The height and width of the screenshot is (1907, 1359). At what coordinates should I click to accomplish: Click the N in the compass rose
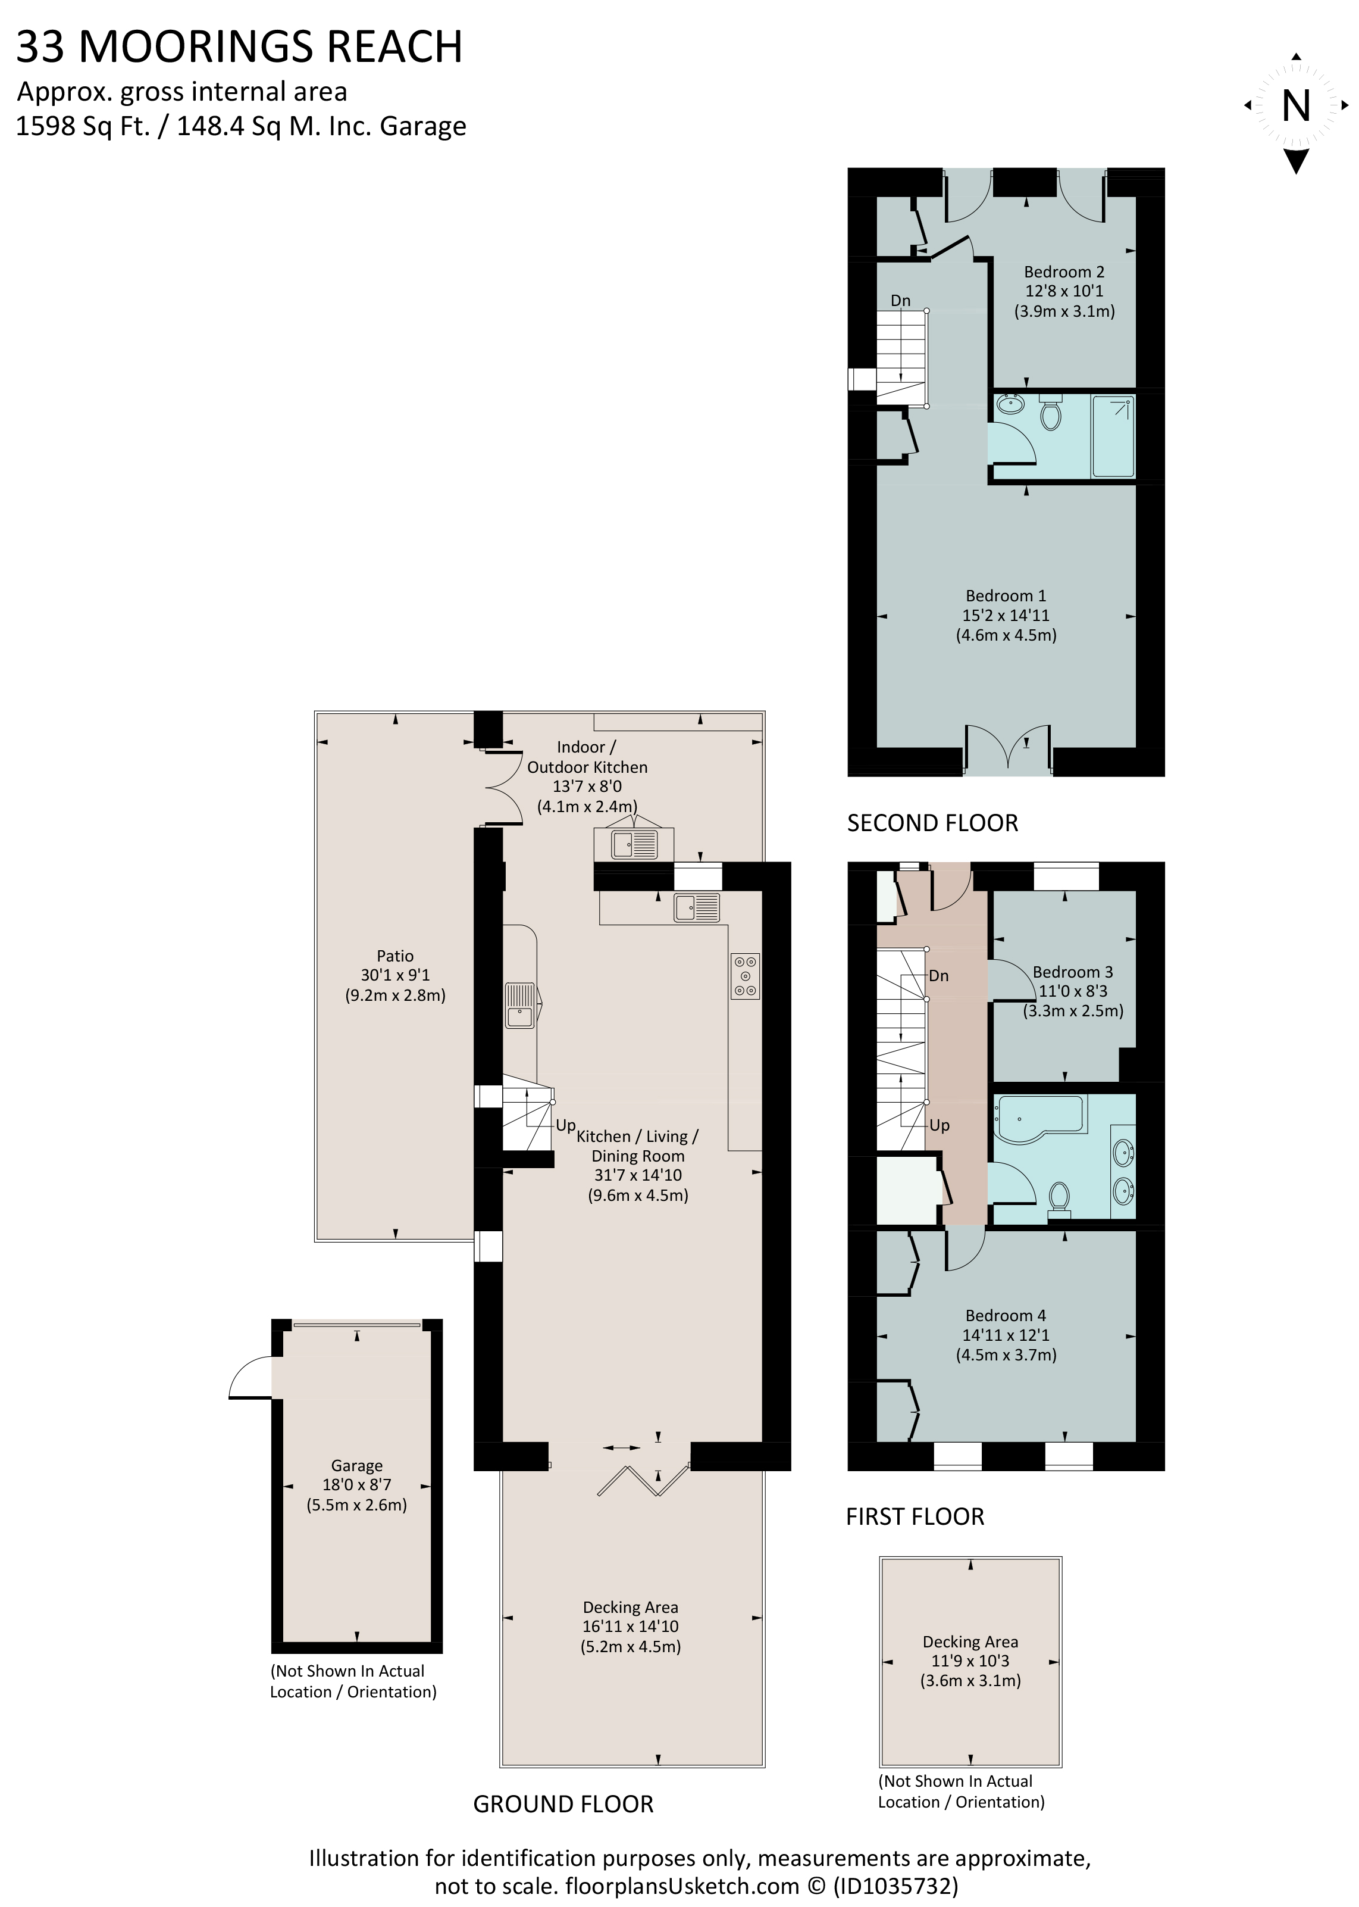[x=1295, y=107]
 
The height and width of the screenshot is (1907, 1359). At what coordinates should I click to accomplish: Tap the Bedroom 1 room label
[x=1005, y=596]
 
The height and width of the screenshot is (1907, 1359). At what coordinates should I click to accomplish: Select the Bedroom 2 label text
[x=1064, y=272]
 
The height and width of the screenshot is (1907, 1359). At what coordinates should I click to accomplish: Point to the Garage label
[x=356, y=1465]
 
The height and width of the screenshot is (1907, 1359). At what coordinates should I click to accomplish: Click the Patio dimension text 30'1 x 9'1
[x=395, y=975]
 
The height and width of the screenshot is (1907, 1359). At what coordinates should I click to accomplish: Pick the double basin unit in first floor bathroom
[x=1123, y=1171]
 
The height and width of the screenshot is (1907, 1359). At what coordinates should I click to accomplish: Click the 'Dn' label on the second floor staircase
[x=900, y=301]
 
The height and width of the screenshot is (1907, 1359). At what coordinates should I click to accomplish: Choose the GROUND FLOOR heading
[x=563, y=1804]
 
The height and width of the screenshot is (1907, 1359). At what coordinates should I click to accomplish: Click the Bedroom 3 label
[x=1072, y=972]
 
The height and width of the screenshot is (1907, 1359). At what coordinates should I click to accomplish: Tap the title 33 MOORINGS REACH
[x=239, y=47]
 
